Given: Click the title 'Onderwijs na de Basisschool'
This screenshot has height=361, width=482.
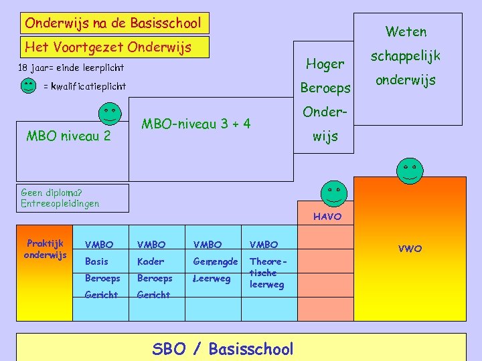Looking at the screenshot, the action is click(x=112, y=23).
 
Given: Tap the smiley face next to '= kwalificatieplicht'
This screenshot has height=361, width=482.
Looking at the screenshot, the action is click(x=28, y=86).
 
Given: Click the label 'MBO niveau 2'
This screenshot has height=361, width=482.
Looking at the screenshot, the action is click(x=68, y=137).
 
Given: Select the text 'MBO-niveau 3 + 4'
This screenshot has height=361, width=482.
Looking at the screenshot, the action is click(x=196, y=124).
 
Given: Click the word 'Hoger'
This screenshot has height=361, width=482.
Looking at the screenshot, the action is click(x=325, y=64).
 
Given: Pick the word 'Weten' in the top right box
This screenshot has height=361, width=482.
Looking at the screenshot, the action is click(x=406, y=31).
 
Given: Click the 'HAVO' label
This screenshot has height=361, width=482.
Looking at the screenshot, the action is click(x=327, y=217).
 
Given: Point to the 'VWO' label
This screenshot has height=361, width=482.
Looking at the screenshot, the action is click(x=410, y=249).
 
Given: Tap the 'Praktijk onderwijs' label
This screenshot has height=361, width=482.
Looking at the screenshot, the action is click(x=45, y=249).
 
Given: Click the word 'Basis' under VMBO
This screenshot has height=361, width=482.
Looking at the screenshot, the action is click(x=96, y=261).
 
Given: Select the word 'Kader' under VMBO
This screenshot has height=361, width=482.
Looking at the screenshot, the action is click(x=151, y=261).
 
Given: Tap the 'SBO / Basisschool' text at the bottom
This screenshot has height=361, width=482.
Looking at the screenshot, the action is click(x=223, y=349).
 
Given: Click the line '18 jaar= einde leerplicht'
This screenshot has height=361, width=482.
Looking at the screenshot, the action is click(x=71, y=68).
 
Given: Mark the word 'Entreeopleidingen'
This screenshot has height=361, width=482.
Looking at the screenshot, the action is click(x=60, y=203).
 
